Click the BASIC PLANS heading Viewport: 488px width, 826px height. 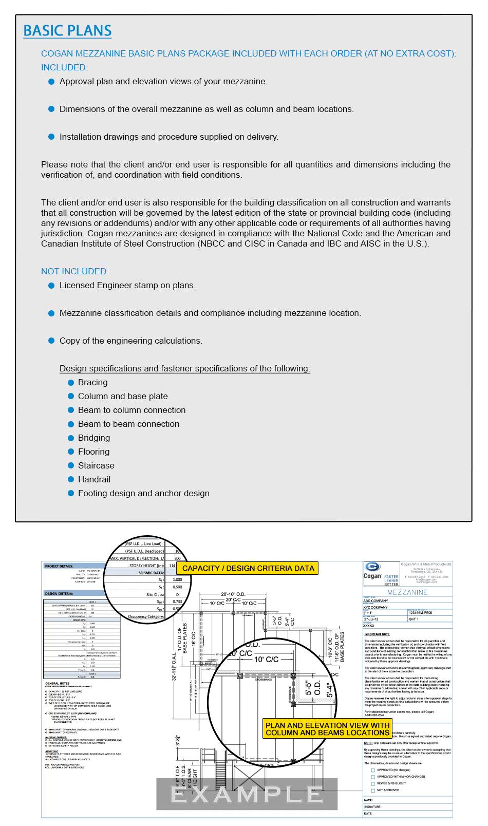(x=67, y=31)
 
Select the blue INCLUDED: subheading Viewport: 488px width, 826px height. (x=64, y=67)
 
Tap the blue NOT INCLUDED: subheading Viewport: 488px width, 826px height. (x=74, y=271)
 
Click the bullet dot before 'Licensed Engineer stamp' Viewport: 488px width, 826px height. (x=51, y=286)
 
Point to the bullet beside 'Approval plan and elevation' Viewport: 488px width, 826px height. (x=51, y=82)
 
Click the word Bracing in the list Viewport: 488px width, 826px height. (x=92, y=383)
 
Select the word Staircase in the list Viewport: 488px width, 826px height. (x=96, y=466)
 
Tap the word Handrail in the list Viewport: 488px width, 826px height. (x=94, y=480)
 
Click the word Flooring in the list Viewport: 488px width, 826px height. (x=93, y=452)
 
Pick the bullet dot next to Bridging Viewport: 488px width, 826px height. (x=71, y=438)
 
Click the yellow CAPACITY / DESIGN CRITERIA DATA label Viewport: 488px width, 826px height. (x=248, y=568)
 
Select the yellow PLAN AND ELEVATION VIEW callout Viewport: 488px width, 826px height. (x=327, y=729)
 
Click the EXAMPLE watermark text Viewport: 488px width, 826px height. (x=247, y=795)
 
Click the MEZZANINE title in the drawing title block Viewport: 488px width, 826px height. (x=407, y=592)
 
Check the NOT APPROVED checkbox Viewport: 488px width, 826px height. (x=373, y=790)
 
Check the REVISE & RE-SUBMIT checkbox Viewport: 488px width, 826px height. (x=373, y=783)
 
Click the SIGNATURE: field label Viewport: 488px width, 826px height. (x=373, y=806)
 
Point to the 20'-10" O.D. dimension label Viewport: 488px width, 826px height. (x=233, y=594)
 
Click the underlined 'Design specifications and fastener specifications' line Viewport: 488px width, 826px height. (x=185, y=369)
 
